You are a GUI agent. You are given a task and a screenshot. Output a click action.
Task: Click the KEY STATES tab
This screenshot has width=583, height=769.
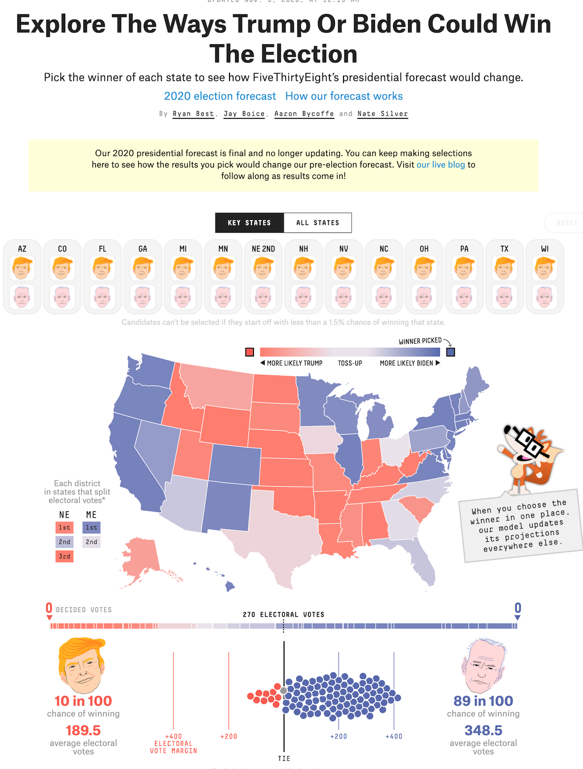(249, 222)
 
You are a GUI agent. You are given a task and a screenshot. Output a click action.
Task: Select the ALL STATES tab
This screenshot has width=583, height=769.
(317, 222)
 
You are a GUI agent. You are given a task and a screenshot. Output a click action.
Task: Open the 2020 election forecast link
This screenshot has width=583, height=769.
(220, 96)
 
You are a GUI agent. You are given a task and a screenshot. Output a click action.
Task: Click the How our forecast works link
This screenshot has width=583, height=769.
(344, 96)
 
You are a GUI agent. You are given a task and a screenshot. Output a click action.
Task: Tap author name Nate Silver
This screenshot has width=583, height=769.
(382, 114)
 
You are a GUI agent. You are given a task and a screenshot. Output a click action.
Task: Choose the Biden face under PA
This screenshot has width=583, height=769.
(464, 297)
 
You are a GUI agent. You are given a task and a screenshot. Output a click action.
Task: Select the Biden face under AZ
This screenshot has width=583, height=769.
(22, 297)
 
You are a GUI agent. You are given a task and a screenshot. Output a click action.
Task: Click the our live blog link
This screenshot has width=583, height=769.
(440, 164)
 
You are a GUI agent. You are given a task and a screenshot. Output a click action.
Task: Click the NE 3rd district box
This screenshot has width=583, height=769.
(64, 556)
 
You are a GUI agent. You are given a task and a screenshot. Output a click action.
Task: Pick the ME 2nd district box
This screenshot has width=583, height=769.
(91, 542)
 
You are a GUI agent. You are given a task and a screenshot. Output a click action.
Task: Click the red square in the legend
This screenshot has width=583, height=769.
(249, 352)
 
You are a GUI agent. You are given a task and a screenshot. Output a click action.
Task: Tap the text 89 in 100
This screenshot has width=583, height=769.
(483, 701)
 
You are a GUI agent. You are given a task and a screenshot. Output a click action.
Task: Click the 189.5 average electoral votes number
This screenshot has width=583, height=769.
(83, 730)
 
